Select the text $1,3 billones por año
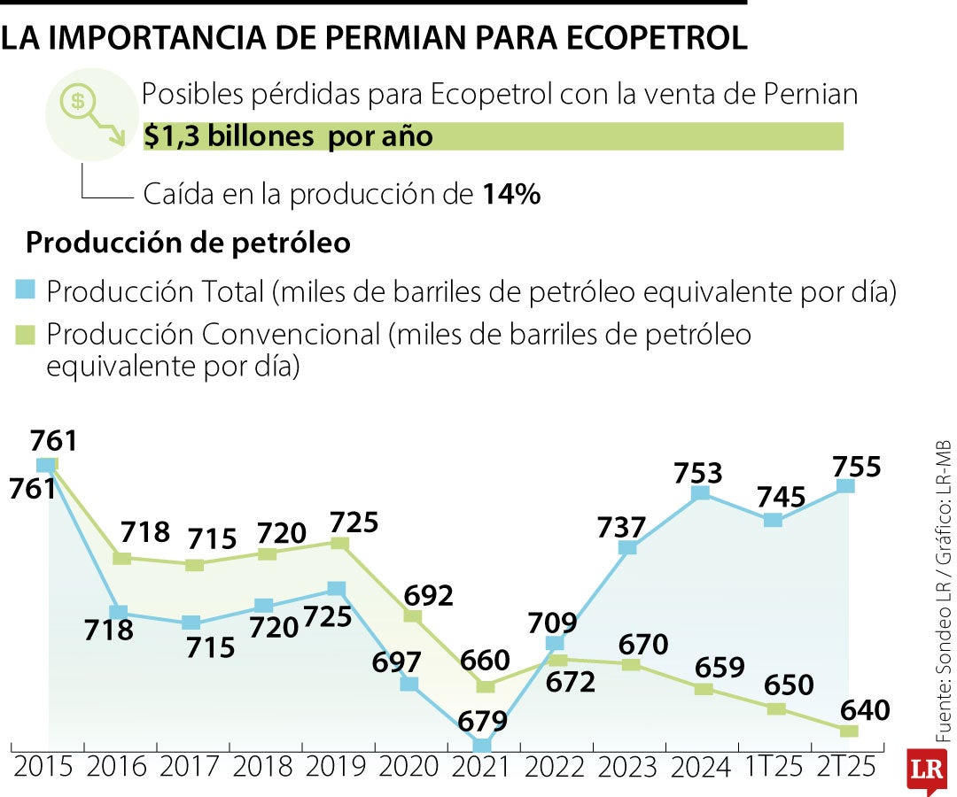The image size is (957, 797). coord(288,136)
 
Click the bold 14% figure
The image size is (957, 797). coord(511,195)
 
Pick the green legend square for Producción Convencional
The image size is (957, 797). coord(26,334)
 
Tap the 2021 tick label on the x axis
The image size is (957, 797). coord(483,765)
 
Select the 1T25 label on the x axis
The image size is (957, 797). coord(773,765)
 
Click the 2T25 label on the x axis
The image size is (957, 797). coord(847,765)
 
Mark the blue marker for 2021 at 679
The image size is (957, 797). coord(483,746)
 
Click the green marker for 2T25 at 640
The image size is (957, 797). coord(848,731)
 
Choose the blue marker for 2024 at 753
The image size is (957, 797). coord(701,492)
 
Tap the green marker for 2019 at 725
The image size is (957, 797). coord(338,542)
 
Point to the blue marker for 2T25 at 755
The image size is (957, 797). coord(846,485)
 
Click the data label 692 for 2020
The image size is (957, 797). coord(428,594)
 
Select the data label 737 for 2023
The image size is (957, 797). coord(620,527)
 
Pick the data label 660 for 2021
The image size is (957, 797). coord(485,660)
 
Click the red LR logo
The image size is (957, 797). coord(928,769)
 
